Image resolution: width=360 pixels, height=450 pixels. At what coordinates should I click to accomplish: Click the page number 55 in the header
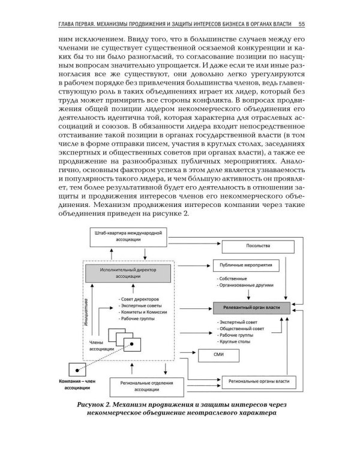(302, 24)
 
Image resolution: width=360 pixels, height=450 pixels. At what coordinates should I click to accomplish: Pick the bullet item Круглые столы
(235, 341)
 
